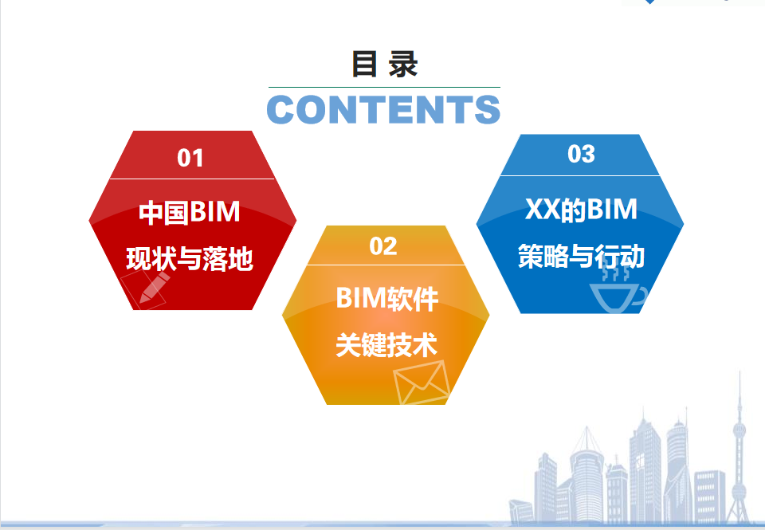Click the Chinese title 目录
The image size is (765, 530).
point(384,65)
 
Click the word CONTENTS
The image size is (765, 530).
point(383,109)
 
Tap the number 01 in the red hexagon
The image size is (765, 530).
point(190,158)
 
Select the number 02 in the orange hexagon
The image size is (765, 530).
point(383,246)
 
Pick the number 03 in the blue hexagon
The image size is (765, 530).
point(581,154)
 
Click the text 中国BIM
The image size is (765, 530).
point(190,212)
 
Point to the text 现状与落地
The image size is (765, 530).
point(190,259)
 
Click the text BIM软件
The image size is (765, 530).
point(387,298)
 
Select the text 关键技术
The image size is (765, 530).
point(386,345)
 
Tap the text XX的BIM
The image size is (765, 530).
point(581,210)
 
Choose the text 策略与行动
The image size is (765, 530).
point(581,256)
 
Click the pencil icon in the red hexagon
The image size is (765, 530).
point(154,288)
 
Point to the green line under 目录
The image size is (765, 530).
point(384,88)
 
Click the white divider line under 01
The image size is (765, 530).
point(192,179)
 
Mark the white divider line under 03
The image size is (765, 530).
point(580,175)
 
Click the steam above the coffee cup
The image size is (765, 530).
point(615,271)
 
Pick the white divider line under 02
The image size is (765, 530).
point(386,265)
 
